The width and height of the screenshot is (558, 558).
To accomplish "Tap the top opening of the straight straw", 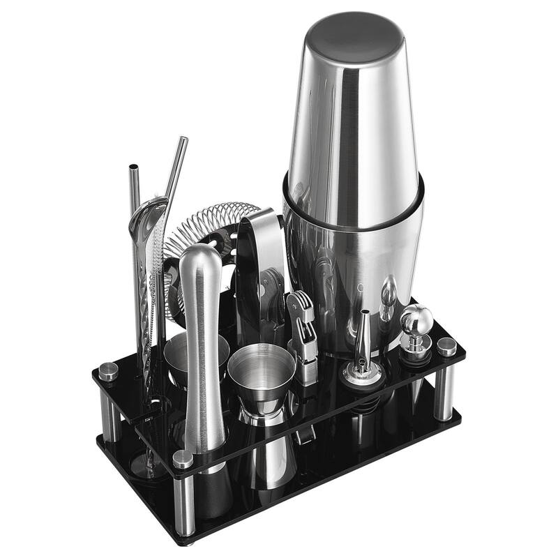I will (x=133, y=169).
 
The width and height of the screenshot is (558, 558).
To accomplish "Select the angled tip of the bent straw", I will (x=182, y=141).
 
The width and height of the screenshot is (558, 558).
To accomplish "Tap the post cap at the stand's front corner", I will (x=183, y=459).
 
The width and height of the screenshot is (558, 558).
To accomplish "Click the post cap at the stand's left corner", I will (x=108, y=371).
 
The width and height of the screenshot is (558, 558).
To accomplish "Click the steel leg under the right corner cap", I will (x=444, y=391).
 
